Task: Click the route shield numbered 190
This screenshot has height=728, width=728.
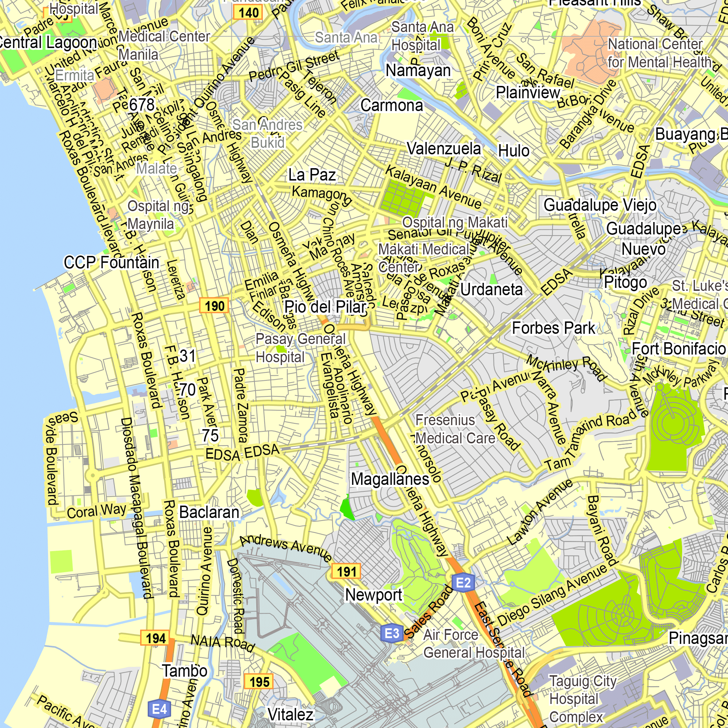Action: pyautogui.click(x=214, y=306)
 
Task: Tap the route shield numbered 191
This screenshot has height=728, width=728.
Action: pyautogui.click(x=346, y=571)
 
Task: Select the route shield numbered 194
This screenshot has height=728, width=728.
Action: pyautogui.click(x=155, y=638)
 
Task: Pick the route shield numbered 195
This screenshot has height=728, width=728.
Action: pyautogui.click(x=259, y=682)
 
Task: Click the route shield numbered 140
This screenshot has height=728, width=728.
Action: pyautogui.click(x=248, y=13)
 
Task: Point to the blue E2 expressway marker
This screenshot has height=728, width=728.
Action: pyautogui.click(x=463, y=583)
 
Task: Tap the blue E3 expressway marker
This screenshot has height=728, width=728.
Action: pyautogui.click(x=392, y=633)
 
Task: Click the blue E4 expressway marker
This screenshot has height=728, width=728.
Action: pyautogui.click(x=159, y=709)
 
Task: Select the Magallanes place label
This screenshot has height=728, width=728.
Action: pyautogui.click(x=390, y=479)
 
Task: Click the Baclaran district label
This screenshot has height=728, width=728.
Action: pyautogui.click(x=209, y=512)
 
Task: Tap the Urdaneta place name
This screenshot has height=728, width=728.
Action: pyautogui.click(x=491, y=289)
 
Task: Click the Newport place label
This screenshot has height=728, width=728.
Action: pyautogui.click(x=374, y=595)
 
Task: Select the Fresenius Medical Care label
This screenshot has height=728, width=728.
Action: pyautogui.click(x=455, y=429)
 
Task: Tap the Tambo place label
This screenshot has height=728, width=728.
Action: pyautogui.click(x=184, y=671)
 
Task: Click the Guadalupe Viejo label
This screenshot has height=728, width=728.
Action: pyautogui.click(x=600, y=205)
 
